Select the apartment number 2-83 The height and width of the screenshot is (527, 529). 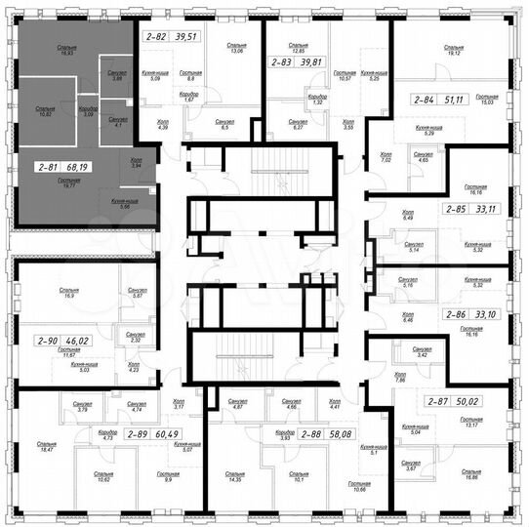280,61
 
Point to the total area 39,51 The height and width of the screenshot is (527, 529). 185,36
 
